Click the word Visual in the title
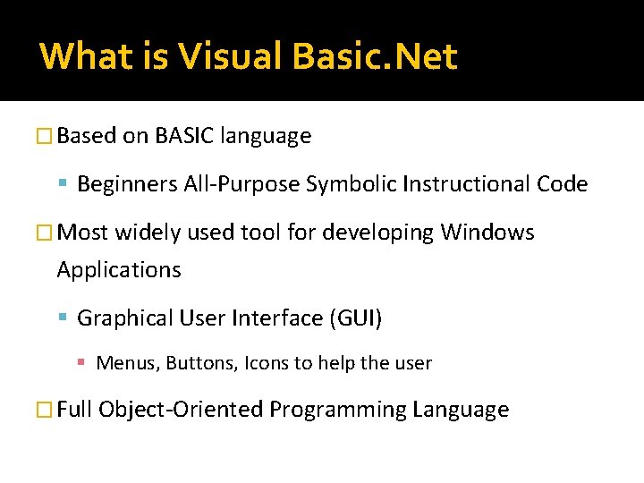[233, 56]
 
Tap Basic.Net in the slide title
[376, 56]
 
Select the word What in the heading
[84, 56]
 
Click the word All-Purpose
[239, 184]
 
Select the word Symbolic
[352, 184]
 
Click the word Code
[563, 184]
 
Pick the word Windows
[487, 233]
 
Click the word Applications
[119, 269]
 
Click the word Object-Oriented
[182, 410]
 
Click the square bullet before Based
[47, 137]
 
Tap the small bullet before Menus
[80, 363]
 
